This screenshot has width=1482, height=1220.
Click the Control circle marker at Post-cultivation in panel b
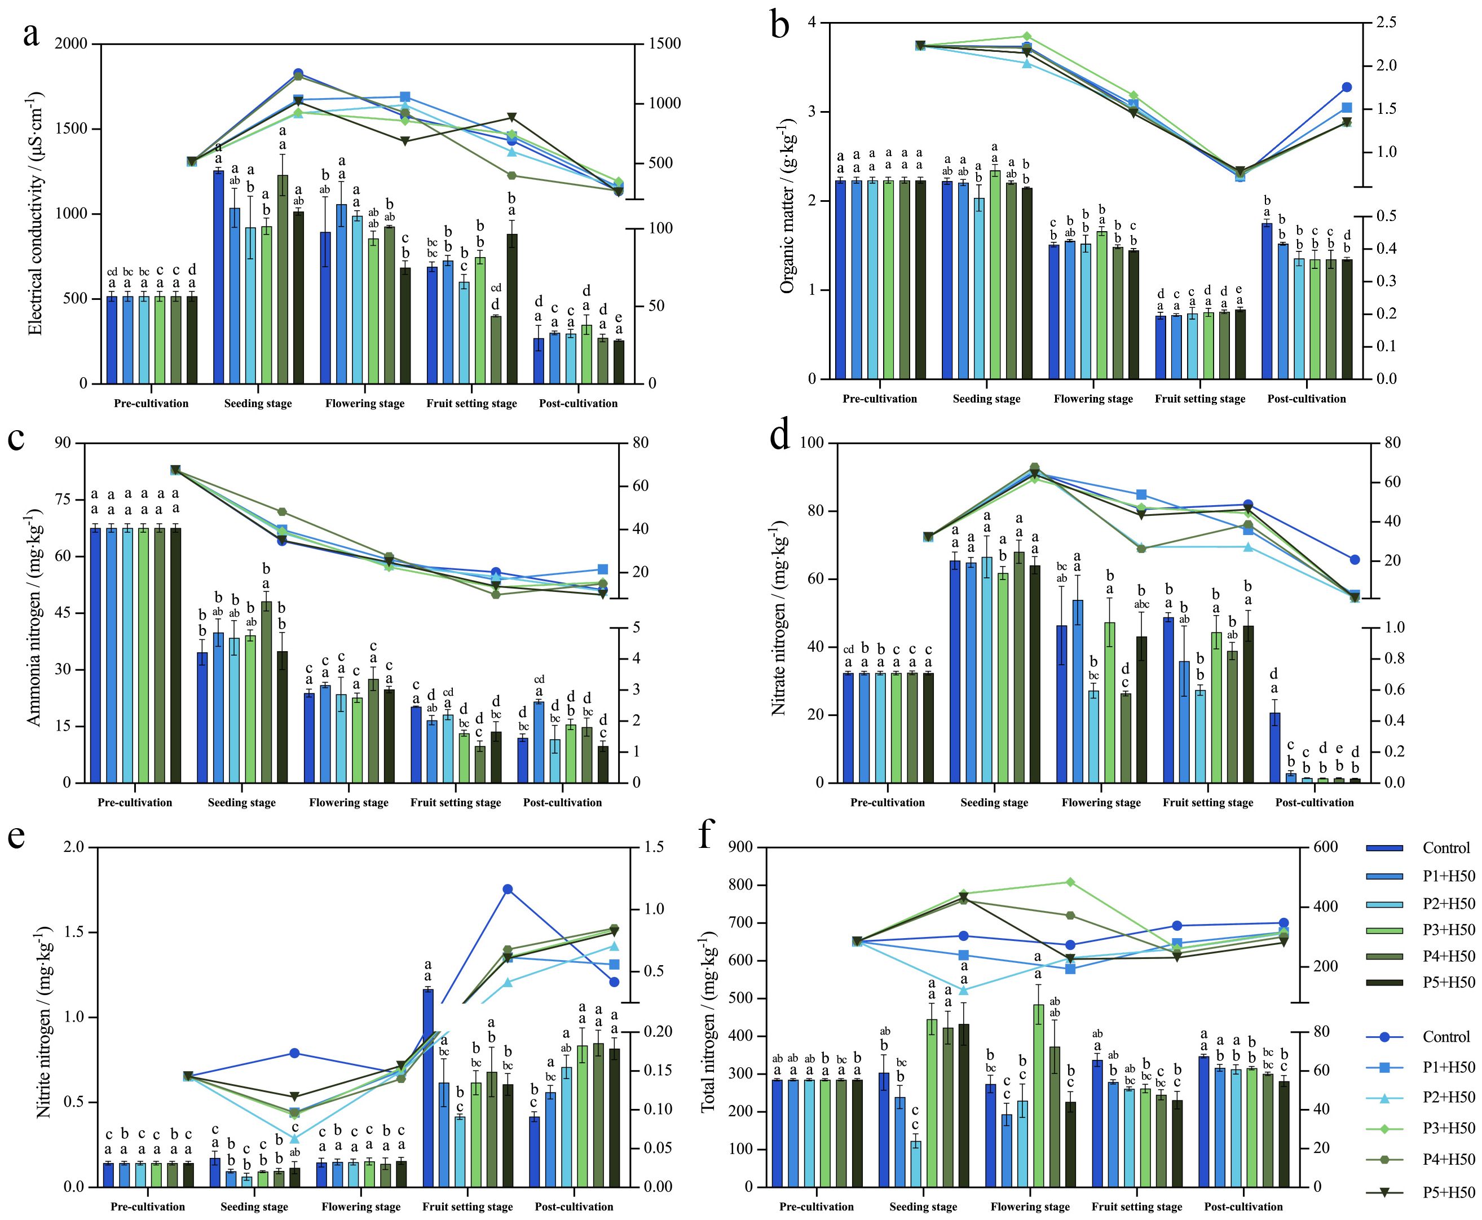tap(1346, 87)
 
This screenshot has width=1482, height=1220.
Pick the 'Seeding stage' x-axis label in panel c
tap(241, 803)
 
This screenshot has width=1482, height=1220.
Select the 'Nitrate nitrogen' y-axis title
tap(779, 618)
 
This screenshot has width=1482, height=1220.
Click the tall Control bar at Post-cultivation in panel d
tap(1274, 747)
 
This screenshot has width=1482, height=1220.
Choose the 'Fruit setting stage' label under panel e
tap(467, 1206)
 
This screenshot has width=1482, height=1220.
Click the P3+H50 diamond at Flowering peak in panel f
tap(1070, 882)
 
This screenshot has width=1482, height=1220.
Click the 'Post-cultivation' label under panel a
tap(578, 404)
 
